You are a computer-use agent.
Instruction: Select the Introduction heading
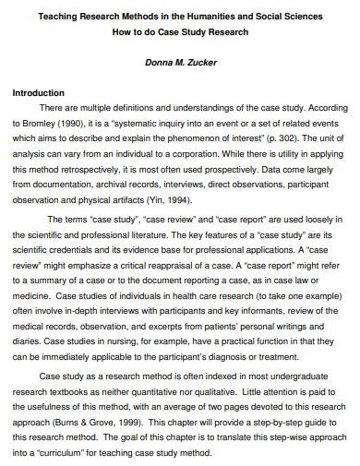(38, 93)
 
